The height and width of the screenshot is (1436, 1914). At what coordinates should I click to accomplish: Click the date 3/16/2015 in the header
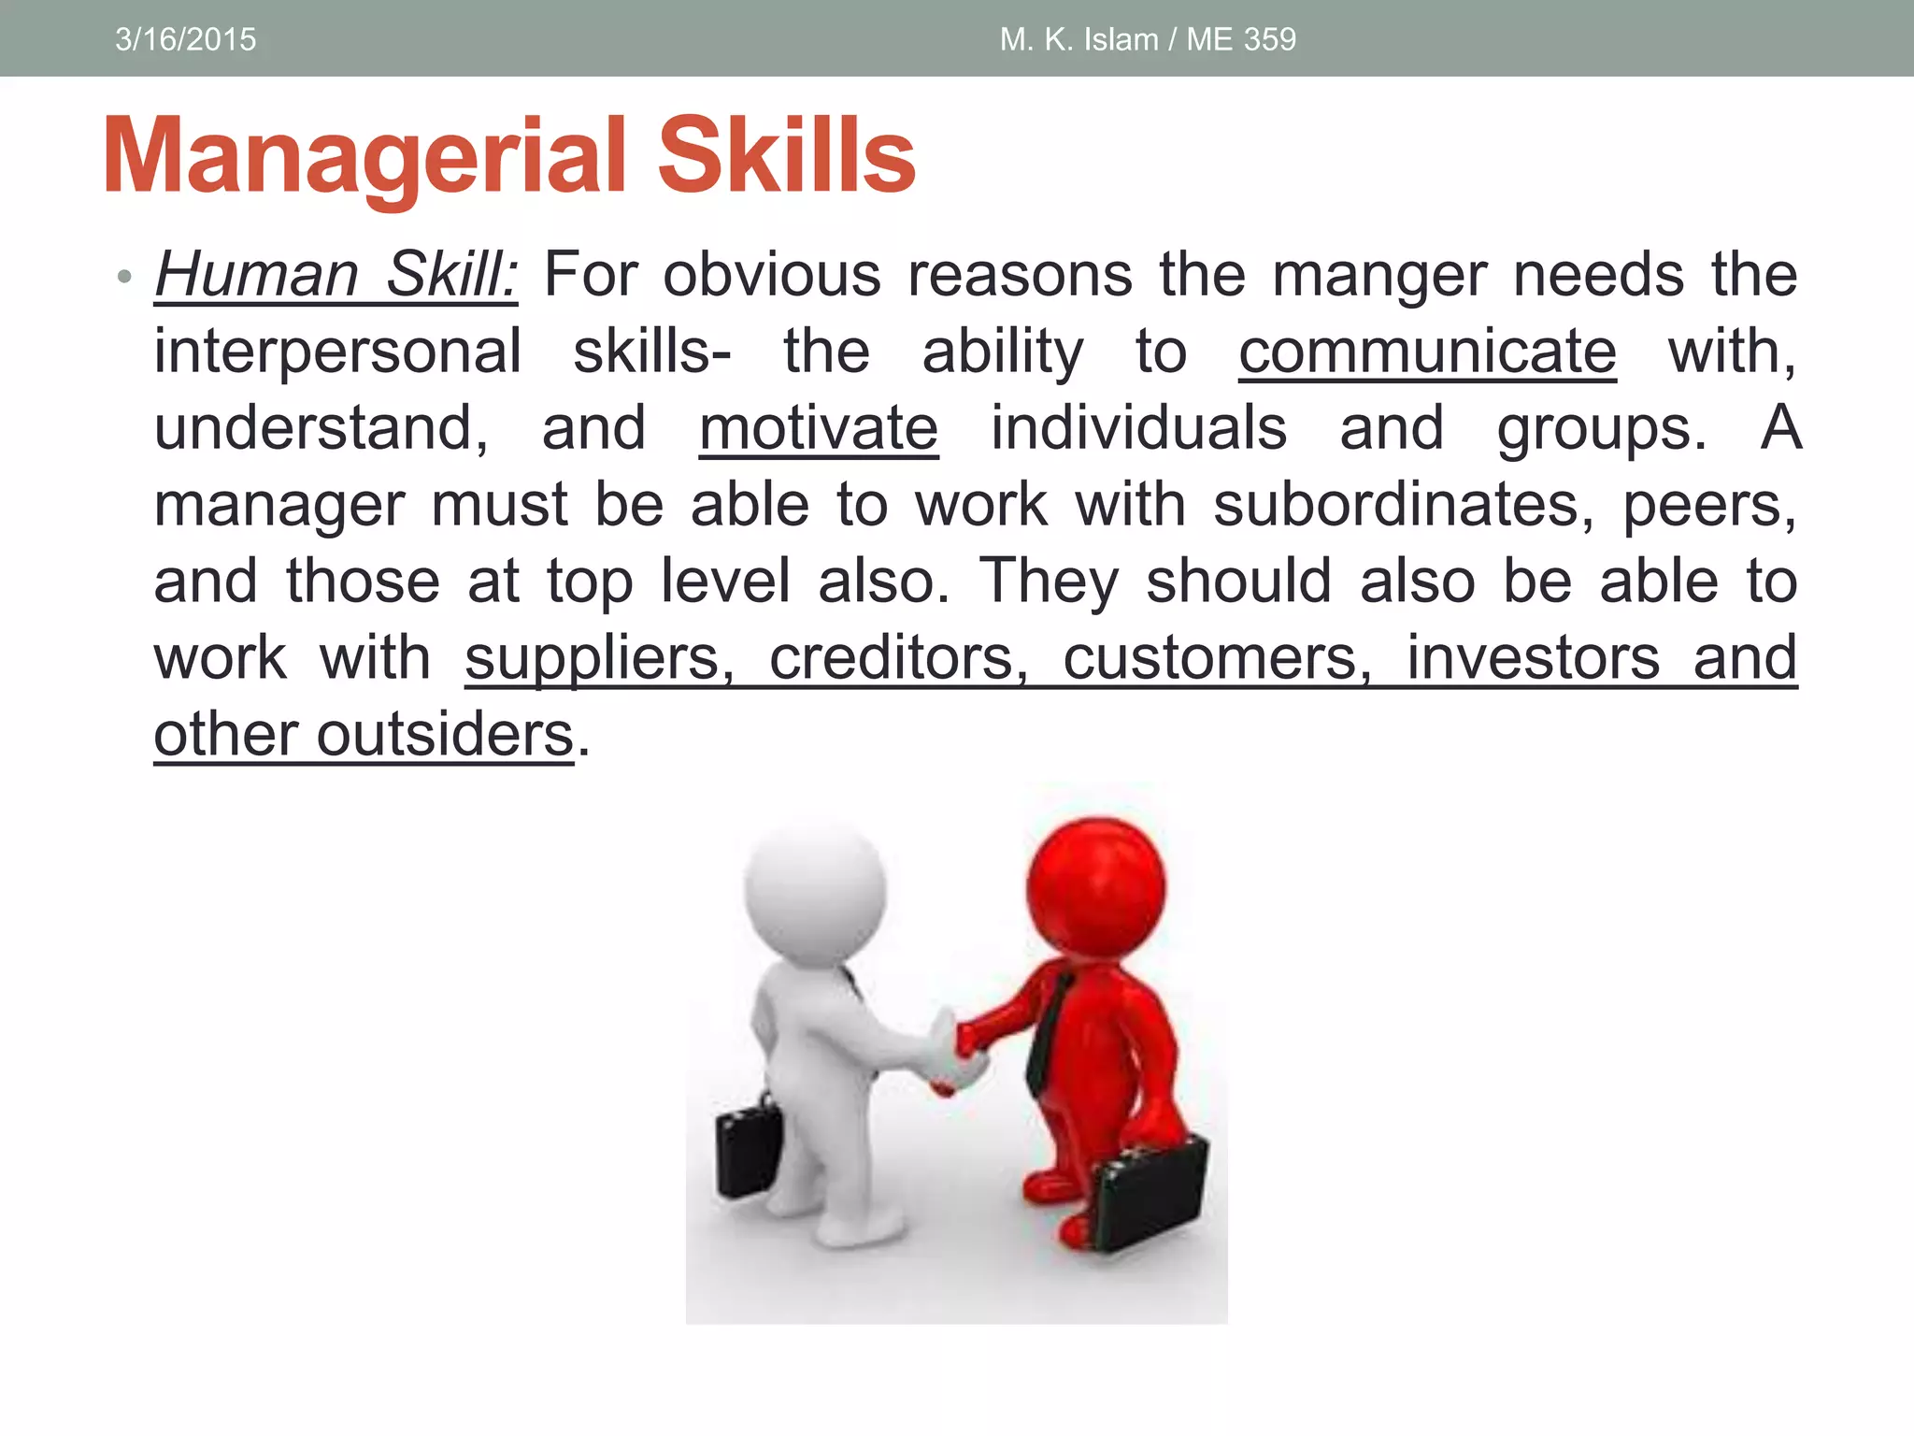185,39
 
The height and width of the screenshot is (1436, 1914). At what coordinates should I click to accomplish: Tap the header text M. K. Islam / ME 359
1148,39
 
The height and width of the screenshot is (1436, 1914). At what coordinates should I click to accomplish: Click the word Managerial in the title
364,157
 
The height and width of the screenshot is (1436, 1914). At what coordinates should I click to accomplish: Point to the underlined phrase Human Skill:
336,275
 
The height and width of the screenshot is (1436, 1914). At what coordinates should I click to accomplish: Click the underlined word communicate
1427,352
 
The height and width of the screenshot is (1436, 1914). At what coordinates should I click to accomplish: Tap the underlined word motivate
819,429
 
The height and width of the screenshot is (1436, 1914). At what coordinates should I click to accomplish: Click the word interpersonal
337,352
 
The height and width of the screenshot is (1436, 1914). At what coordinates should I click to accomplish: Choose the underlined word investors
1533,658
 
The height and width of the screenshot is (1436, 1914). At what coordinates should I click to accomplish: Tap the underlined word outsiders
445,735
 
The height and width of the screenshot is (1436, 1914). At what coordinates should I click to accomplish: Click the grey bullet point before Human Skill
124,277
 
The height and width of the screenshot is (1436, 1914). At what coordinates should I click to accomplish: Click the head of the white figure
815,888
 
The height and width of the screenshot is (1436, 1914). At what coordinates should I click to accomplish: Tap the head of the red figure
1096,883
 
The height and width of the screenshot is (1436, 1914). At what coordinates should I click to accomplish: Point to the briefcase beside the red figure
1150,1192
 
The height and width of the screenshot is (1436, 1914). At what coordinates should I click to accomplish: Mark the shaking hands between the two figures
958,1052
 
